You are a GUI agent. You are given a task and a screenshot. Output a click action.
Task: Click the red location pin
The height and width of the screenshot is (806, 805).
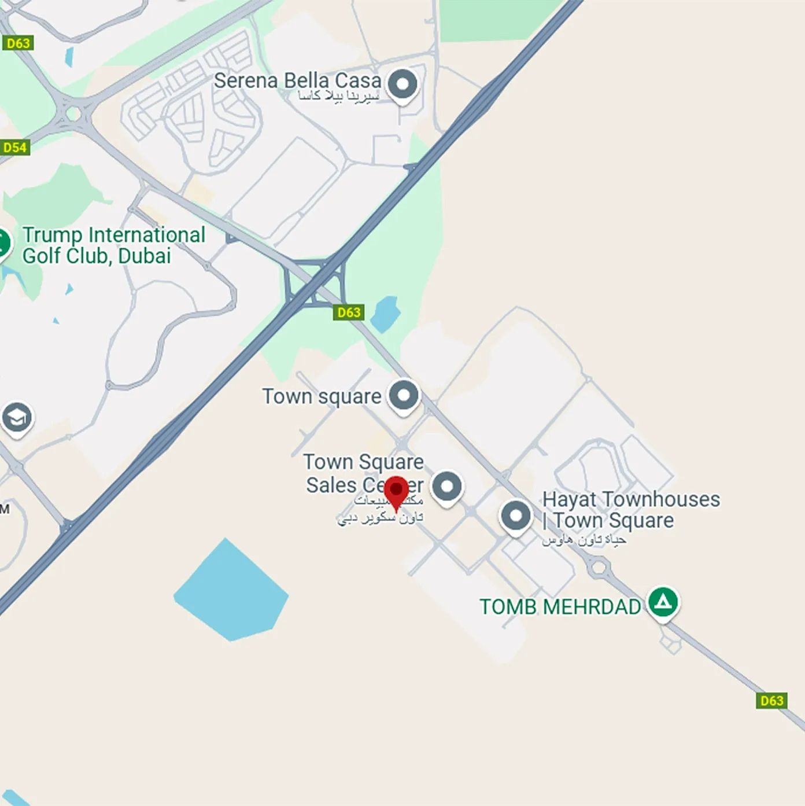(396, 492)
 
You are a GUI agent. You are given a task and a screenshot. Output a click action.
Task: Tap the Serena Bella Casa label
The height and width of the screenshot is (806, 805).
(297, 80)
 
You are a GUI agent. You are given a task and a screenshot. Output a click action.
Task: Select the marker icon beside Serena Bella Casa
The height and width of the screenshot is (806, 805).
(402, 84)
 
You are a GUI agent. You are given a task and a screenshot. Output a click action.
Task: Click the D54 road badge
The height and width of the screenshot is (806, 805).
(14, 148)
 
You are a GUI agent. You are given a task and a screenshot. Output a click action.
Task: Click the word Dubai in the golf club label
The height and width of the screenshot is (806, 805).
(145, 256)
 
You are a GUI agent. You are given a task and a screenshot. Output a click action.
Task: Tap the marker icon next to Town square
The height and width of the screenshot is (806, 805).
(403, 396)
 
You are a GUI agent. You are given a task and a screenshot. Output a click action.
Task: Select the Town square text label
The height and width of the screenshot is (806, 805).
(322, 397)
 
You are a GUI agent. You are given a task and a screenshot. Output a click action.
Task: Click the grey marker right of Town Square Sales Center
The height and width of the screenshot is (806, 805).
(447, 486)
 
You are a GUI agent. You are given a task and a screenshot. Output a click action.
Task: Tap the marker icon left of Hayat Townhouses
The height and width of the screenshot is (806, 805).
(516, 515)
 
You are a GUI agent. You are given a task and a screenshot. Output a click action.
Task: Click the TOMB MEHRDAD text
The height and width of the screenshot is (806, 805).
(560, 607)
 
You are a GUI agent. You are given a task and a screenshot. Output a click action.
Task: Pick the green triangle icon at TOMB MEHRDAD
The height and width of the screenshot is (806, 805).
(663, 602)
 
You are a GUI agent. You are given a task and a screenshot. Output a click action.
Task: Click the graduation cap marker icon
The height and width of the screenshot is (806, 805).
(17, 417)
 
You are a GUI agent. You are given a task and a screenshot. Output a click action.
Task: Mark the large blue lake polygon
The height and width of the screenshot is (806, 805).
(231, 590)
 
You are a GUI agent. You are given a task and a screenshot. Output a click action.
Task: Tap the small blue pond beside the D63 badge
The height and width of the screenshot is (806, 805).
(385, 314)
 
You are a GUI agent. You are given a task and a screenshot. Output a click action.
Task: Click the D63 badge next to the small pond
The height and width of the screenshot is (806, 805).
(349, 312)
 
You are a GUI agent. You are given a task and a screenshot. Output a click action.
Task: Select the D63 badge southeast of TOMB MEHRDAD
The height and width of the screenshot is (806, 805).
(771, 701)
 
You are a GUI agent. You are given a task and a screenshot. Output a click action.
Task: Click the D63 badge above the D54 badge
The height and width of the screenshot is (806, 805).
(18, 43)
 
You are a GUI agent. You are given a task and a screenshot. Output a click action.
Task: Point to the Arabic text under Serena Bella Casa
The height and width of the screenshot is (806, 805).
(338, 96)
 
